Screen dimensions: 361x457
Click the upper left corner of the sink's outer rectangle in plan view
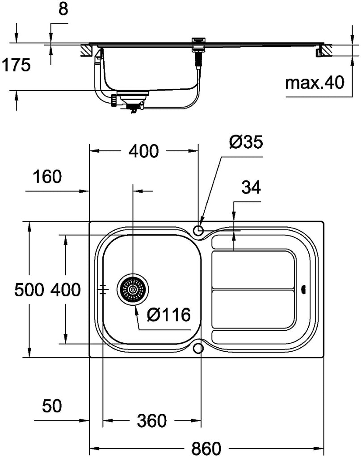pos(89,221)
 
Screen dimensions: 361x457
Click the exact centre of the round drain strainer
pos(133,290)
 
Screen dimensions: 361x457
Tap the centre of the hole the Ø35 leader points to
pos(198,230)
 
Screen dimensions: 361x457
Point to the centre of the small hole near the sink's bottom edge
pos(198,348)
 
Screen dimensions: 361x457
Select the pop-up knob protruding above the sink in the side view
pos(199,40)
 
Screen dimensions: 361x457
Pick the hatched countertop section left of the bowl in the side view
pos(86,50)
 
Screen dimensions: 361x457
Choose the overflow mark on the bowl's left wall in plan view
pos(103,289)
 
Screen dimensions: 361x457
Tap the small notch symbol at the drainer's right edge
pos(303,289)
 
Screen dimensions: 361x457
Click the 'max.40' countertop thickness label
pos(315,83)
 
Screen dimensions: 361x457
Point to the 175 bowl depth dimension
pos(16,65)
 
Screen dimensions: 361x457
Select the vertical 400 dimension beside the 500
pos(66,290)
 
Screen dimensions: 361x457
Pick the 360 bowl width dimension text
pos(152,421)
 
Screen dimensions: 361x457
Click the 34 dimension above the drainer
pos(251,187)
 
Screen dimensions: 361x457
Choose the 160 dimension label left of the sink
pos(47,177)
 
